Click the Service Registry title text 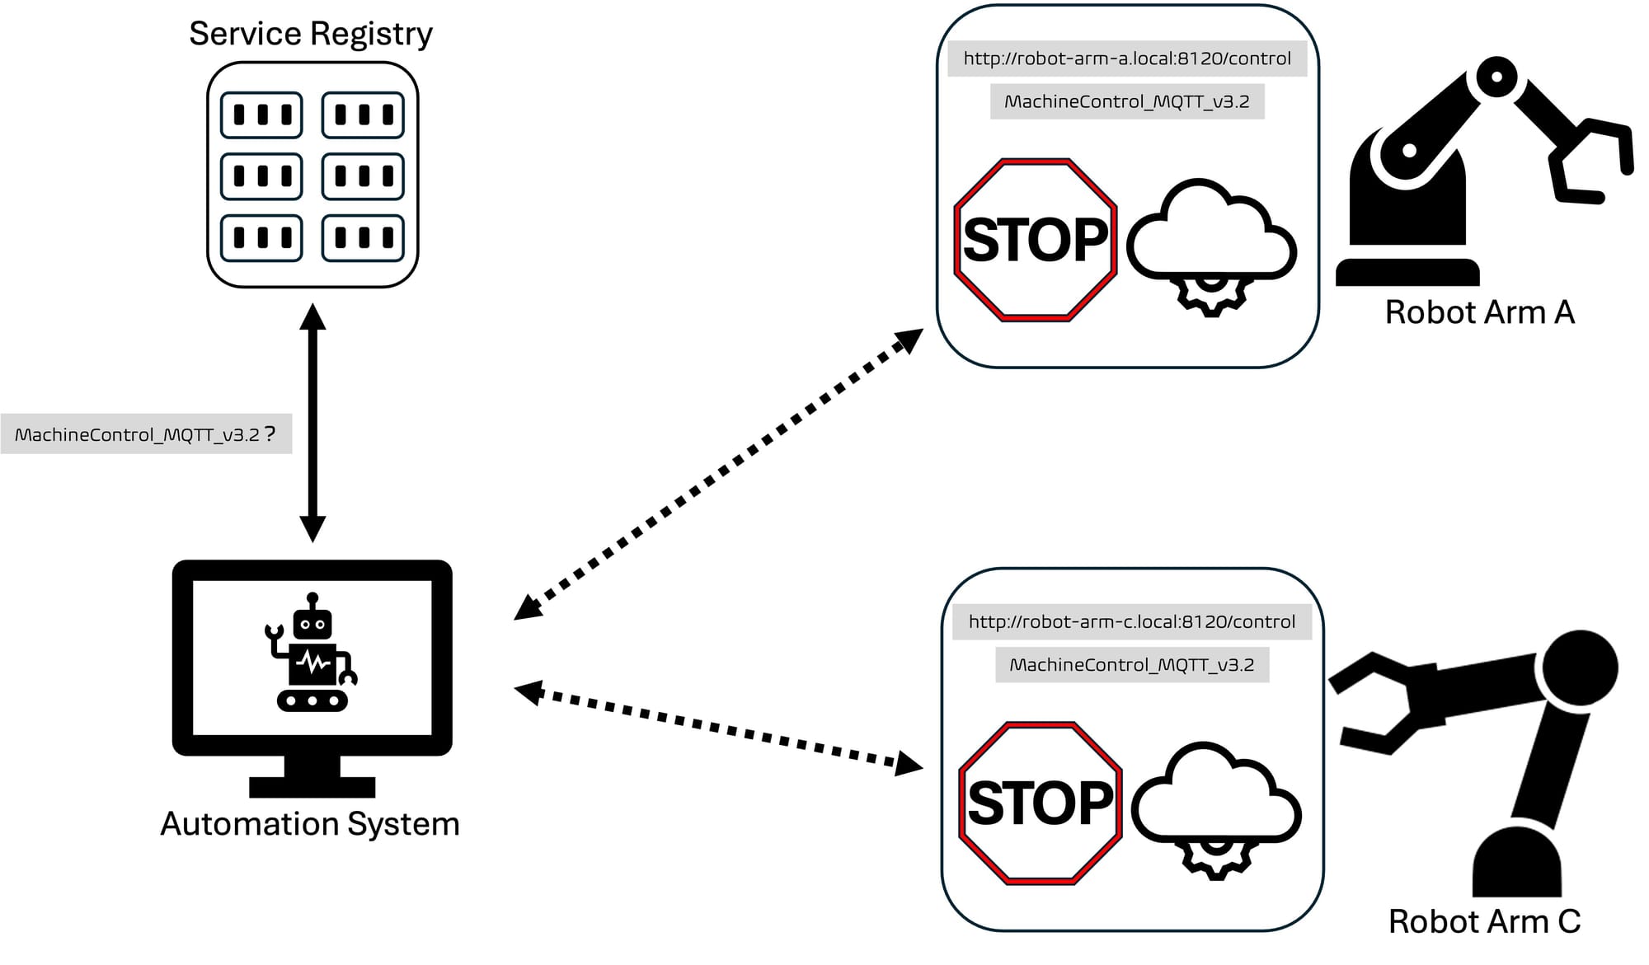coord(311,34)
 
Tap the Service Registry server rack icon coord(312,176)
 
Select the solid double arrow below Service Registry coord(312,423)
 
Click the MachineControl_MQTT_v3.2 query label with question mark coord(146,434)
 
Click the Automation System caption coord(310,824)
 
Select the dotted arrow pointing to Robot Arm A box coord(718,474)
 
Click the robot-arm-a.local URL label coord(1127,59)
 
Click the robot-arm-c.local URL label coord(1132,622)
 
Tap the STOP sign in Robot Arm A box coord(1036,240)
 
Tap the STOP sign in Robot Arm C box coord(1041,803)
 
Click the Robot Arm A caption coord(1480,312)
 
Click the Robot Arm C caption coord(1484,921)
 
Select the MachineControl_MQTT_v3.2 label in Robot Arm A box coord(1127,102)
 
